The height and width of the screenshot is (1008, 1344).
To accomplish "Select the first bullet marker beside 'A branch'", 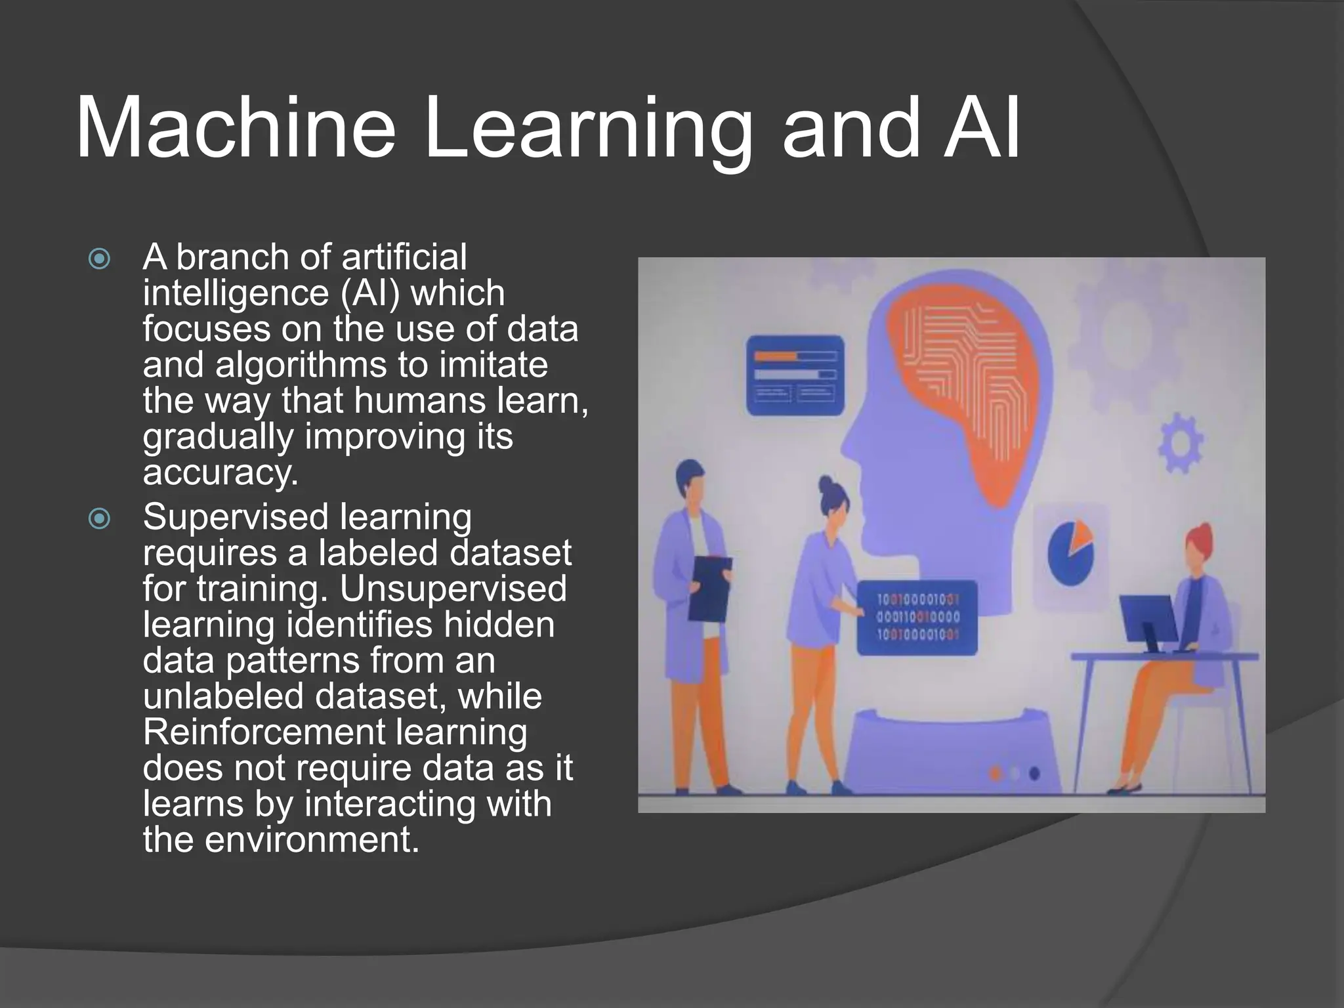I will pos(99,259).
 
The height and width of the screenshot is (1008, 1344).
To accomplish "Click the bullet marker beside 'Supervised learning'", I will pos(99,519).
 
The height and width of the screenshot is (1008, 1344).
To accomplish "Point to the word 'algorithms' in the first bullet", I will pos(301,365).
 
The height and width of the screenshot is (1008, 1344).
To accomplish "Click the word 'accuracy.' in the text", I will pos(220,472).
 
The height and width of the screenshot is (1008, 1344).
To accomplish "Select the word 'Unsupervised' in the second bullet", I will pos(453,588).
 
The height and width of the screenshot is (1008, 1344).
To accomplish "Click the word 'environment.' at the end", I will pos(312,839).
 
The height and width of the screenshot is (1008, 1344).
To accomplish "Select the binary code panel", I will pos(917,617).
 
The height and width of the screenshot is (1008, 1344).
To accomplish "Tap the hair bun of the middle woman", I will pos(825,486).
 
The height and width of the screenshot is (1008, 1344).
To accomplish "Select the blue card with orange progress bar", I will pos(795,375).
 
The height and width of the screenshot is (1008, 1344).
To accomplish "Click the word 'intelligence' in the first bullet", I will pos(237,293).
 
